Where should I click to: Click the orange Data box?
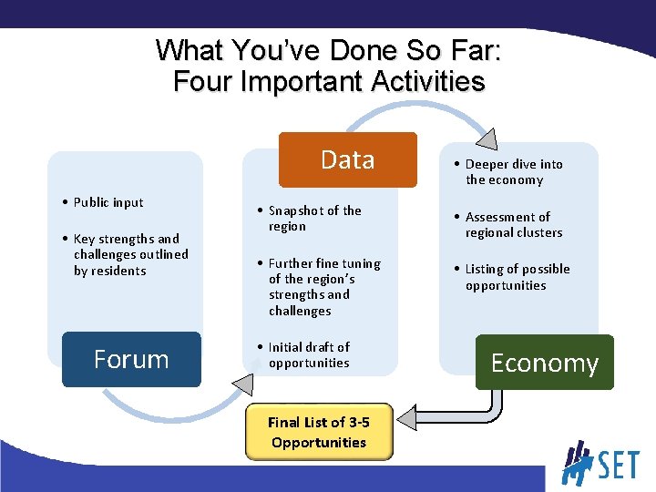coord(347,159)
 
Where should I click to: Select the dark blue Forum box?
coord(131,359)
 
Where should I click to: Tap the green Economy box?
coord(544,363)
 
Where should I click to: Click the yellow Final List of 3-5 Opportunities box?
coord(318,432)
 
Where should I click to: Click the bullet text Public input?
coord(108,202)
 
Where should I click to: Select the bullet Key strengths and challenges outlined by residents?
coord(129,254)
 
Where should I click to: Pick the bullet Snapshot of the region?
coord(314,218)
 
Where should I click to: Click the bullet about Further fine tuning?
coord(323,286)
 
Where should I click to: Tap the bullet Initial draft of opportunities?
coord(308,354)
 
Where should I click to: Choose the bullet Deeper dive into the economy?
coord(513,171)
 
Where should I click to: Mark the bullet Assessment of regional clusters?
coord(513,224)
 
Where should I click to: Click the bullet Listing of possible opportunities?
coord(517,277)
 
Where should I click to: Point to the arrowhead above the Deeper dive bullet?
coord(487,138)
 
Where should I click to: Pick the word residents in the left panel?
coord(109,271)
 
